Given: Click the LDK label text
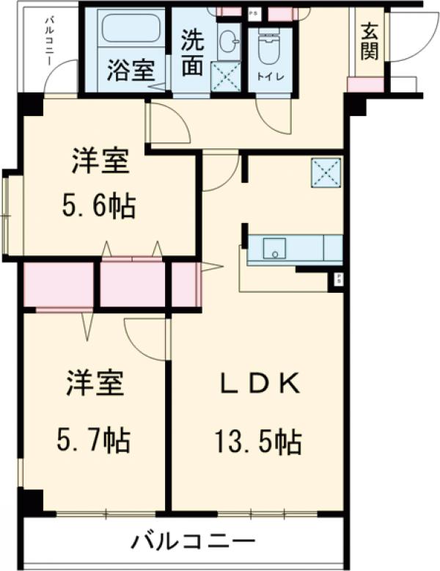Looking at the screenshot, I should point(257,383).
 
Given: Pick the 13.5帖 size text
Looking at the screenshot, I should point(257,442).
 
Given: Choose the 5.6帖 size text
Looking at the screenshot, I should point(100,207).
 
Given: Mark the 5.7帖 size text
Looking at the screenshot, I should point(95,440).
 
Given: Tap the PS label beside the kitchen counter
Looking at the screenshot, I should point(338,278).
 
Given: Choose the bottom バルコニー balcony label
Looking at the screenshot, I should point(194,543).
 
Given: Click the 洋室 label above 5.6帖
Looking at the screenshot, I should point(100,162).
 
